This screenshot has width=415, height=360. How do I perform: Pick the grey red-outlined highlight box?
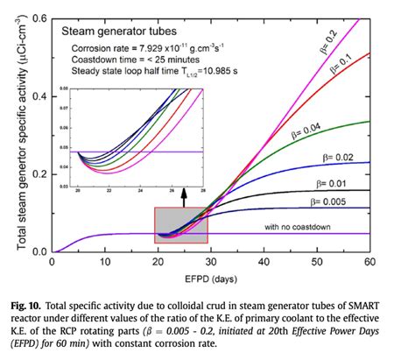click(180, 224)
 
